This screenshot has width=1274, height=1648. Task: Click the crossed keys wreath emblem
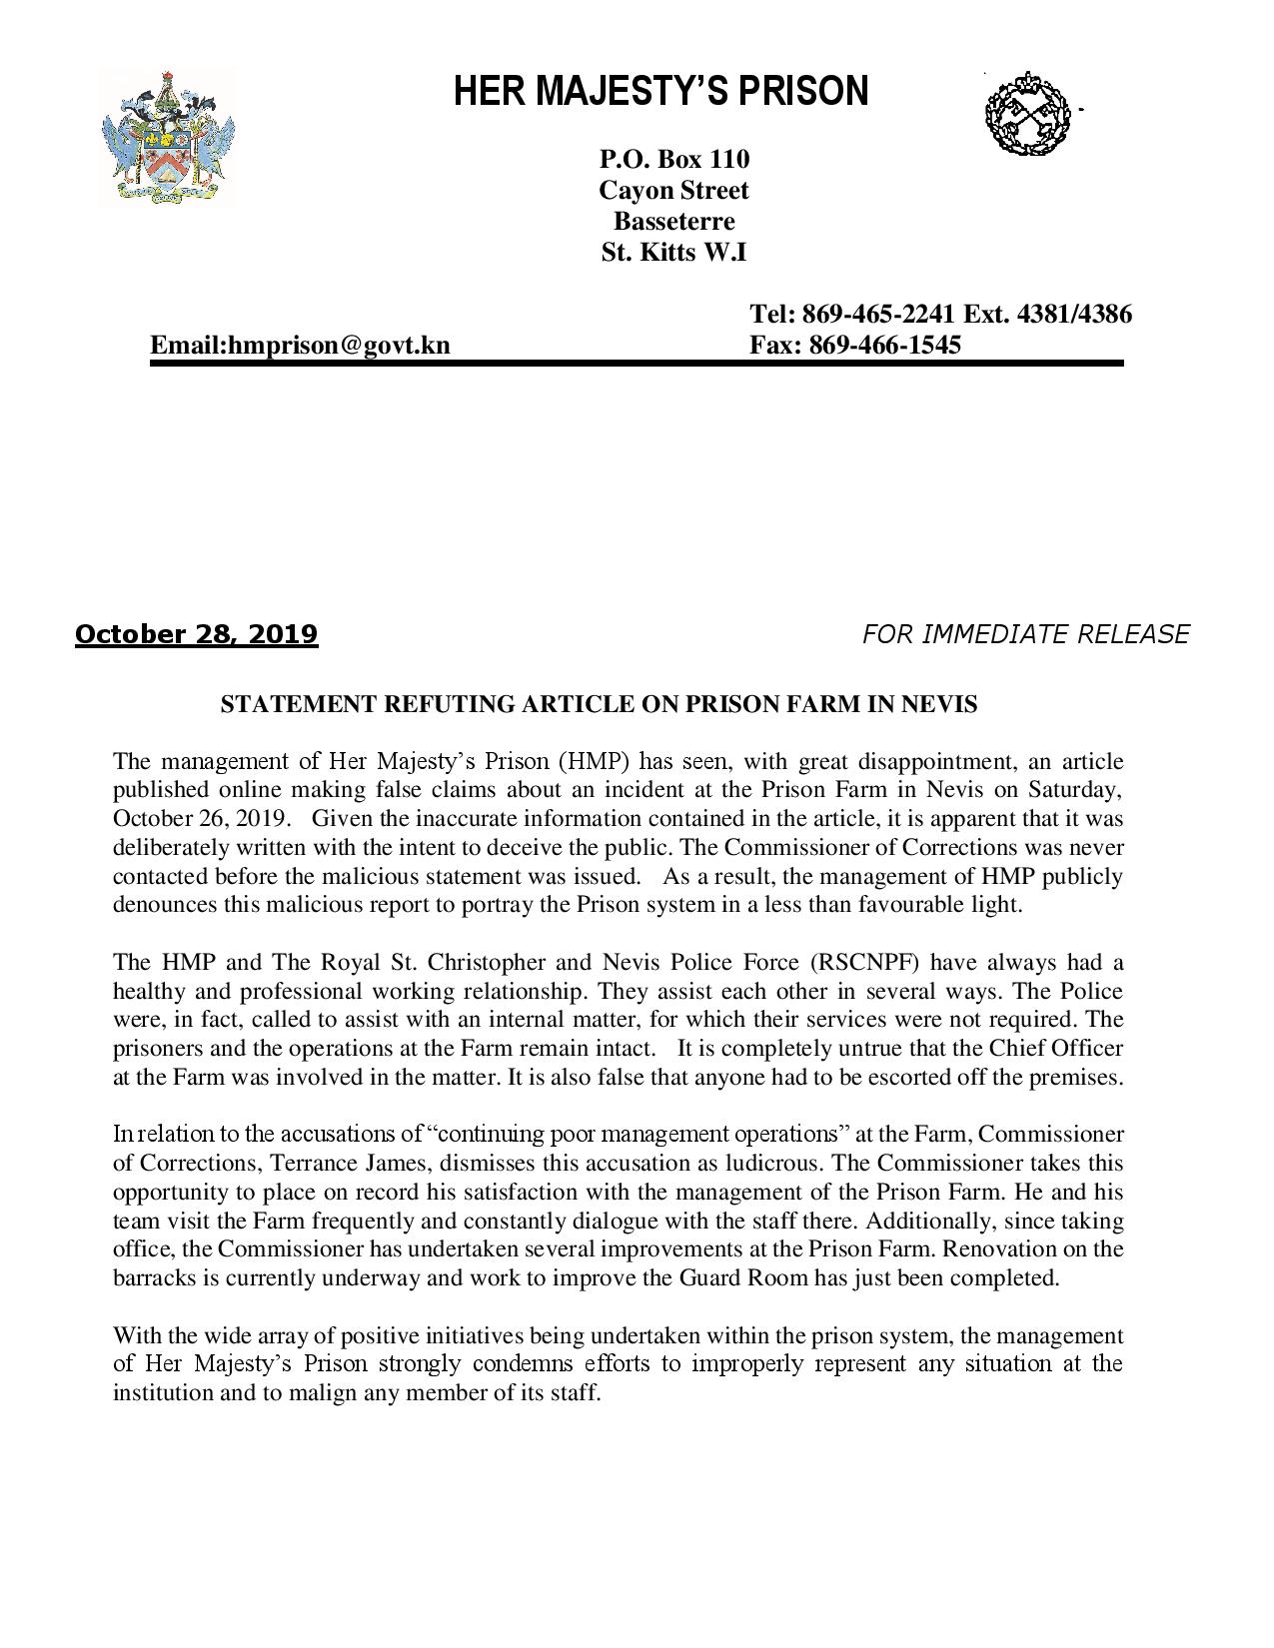1027,112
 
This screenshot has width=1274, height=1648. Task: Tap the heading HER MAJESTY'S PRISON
660,92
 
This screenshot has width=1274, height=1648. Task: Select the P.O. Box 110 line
673,159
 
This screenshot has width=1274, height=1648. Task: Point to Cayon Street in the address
673,190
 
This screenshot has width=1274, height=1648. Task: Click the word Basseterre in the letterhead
673,221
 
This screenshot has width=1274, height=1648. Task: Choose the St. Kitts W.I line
673,252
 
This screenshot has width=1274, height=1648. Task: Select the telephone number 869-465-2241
879,315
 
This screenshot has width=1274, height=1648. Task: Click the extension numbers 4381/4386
1074,315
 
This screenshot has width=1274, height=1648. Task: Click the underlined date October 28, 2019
196,634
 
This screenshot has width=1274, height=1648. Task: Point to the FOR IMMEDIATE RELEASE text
1025,634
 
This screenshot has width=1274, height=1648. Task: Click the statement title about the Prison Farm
598,704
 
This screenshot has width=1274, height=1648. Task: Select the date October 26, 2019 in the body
202,819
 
